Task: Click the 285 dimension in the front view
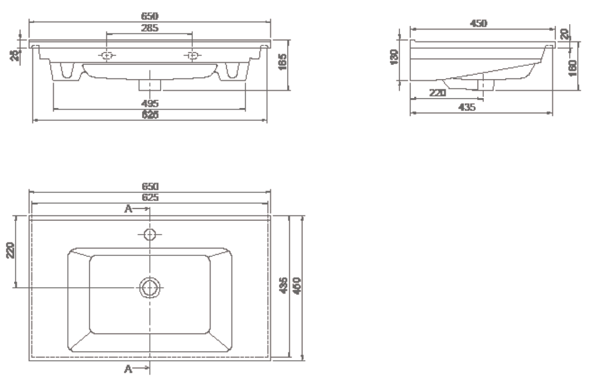point(149,28)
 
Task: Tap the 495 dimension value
point(150,103)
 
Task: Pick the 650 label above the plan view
point(150,186)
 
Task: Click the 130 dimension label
point(395,57)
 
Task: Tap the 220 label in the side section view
point(437,93)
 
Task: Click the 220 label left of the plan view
point(10,250)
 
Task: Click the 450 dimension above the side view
point(478,23)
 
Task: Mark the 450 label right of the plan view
point(297,286)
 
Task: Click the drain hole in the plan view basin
point(150,287)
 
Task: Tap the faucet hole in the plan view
point(150,234)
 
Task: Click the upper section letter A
point(127,208)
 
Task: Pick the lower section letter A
point(127,369)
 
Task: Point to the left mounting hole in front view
point(107,56)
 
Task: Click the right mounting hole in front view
point(192,56)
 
